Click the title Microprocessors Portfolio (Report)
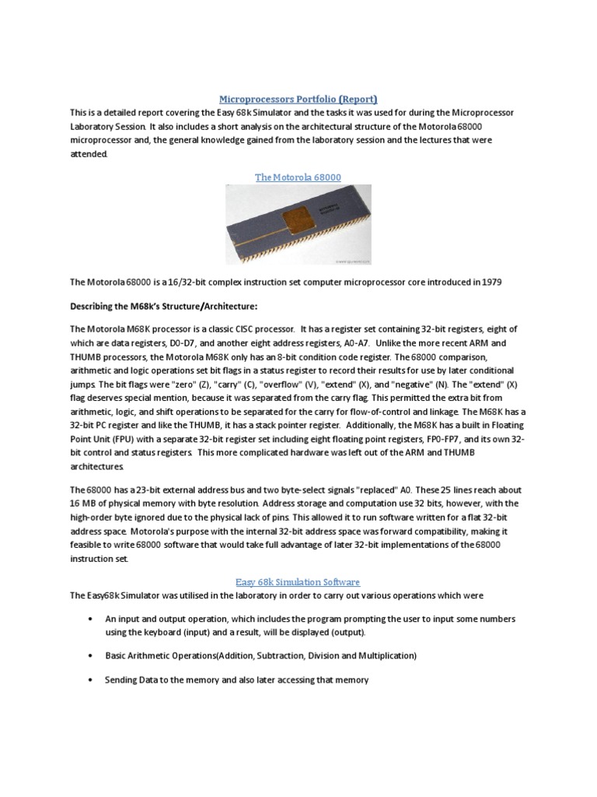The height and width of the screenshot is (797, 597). [x=298, y=99]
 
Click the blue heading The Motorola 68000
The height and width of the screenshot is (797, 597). [x=298, y=177]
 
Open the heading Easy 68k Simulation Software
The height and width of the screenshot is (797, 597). [x=298, y=581]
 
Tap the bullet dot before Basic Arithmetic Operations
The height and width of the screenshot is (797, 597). [x=87, y=656]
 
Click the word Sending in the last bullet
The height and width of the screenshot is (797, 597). [x=123, y=680]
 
